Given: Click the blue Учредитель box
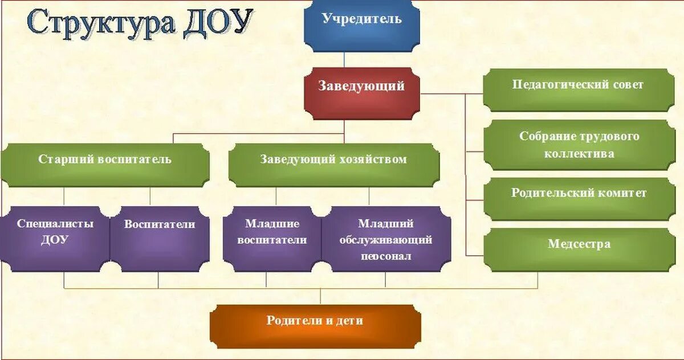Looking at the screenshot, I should pos(361,26).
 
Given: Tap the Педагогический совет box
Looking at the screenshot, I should pos(578,89).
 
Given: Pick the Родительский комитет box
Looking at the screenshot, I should pos(578,198).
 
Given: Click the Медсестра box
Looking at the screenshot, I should pos(578,249).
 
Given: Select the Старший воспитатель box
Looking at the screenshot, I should pos(104,165).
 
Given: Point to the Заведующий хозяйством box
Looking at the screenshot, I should pos(333,165).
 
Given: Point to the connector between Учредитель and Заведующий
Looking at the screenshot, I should pos(344,60).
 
